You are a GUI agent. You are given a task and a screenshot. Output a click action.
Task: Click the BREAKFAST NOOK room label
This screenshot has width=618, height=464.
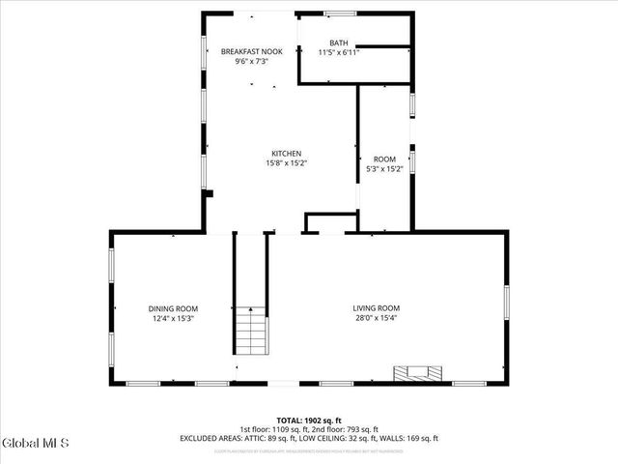coord(251,51)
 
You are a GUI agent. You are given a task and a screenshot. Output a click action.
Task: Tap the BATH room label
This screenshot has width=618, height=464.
coord(338,43)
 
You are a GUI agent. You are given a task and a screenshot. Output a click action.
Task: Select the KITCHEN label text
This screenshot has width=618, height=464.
coord(286,154)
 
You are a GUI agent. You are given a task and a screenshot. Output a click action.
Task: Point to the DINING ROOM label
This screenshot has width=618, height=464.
coord(173,308)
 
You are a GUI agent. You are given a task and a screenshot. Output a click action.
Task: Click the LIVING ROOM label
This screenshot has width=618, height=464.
coord(376,308)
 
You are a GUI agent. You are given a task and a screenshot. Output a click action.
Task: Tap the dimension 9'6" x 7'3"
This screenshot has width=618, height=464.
coord(251,61)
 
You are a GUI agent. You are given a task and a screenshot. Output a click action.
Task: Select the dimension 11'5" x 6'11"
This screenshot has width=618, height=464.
coord(338,52)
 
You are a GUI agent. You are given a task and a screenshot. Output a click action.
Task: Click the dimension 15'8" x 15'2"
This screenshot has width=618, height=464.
coord(286,163)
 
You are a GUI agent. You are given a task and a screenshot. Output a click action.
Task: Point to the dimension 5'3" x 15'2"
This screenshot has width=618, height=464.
coord(384,169)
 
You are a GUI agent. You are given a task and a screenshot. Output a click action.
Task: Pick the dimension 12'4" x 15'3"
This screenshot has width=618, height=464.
coord(173,318)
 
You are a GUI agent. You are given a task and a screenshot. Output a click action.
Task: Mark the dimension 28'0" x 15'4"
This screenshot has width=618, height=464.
coord(376,318)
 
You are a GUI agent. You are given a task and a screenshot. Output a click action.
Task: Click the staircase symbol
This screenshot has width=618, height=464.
coord(251,331)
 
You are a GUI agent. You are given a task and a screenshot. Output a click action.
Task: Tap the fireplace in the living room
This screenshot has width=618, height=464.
coord(419,372)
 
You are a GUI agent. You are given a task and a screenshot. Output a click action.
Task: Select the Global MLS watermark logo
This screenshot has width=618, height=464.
coord(37,444)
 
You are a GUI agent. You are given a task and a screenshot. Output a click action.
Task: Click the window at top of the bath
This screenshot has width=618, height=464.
coord(339,14)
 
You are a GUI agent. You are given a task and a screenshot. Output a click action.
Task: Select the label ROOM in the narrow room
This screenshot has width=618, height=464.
coord(384,159)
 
